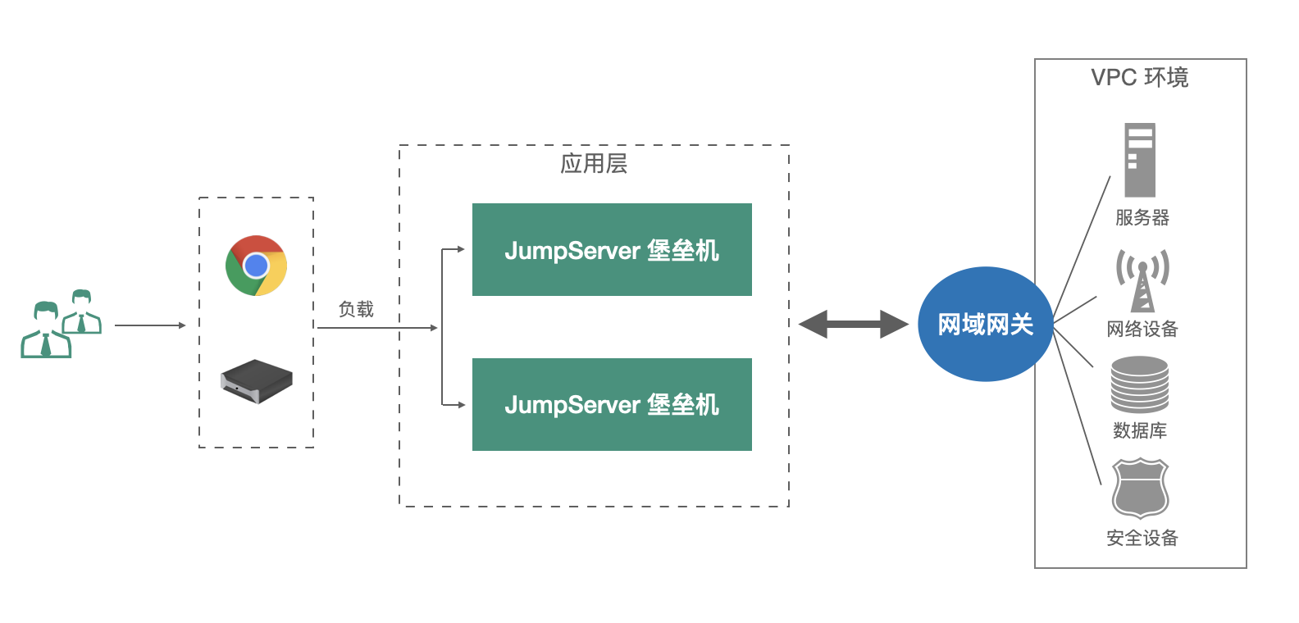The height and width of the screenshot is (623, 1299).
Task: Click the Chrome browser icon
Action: point(257,266)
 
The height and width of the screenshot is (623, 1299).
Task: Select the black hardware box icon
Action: point(257,381)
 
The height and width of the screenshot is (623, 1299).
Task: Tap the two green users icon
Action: point(61,325)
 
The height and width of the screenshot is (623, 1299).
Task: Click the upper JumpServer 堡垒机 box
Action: point(612,250)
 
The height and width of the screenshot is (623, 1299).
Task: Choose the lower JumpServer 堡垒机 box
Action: point(612,404)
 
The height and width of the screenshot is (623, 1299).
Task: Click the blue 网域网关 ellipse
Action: point(985,324)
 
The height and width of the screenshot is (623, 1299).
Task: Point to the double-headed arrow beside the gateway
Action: point(853,324)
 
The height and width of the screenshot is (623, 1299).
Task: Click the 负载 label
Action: point(356,309)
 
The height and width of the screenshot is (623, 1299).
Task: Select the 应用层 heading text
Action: point(594,163)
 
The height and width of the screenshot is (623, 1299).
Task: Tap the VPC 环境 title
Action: point(1139,77)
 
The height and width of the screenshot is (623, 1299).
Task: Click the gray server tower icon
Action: point(1139,160)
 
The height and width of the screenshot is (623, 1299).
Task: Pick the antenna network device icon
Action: point(1142,280)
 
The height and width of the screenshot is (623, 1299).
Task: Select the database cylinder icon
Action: point(1140,384)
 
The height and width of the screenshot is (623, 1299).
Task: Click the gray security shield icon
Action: point(1140,489)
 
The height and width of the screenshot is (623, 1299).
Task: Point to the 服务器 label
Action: point(1142,217)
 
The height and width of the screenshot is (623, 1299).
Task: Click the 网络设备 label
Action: point(1142,329)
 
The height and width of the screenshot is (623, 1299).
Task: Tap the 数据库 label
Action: point(1140,430)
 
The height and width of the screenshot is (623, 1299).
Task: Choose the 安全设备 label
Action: point(1142,538)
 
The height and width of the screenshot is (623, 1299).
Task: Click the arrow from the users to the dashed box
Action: point(150,325)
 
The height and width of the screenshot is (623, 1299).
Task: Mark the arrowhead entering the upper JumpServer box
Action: point(461,249)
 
